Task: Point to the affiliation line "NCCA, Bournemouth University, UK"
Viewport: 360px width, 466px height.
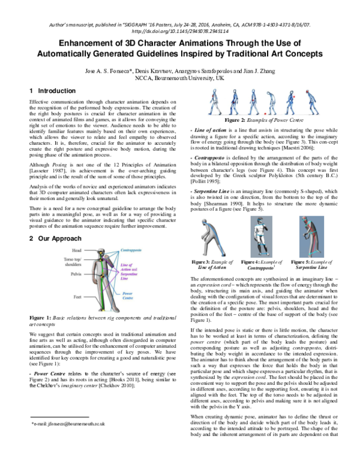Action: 180,77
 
